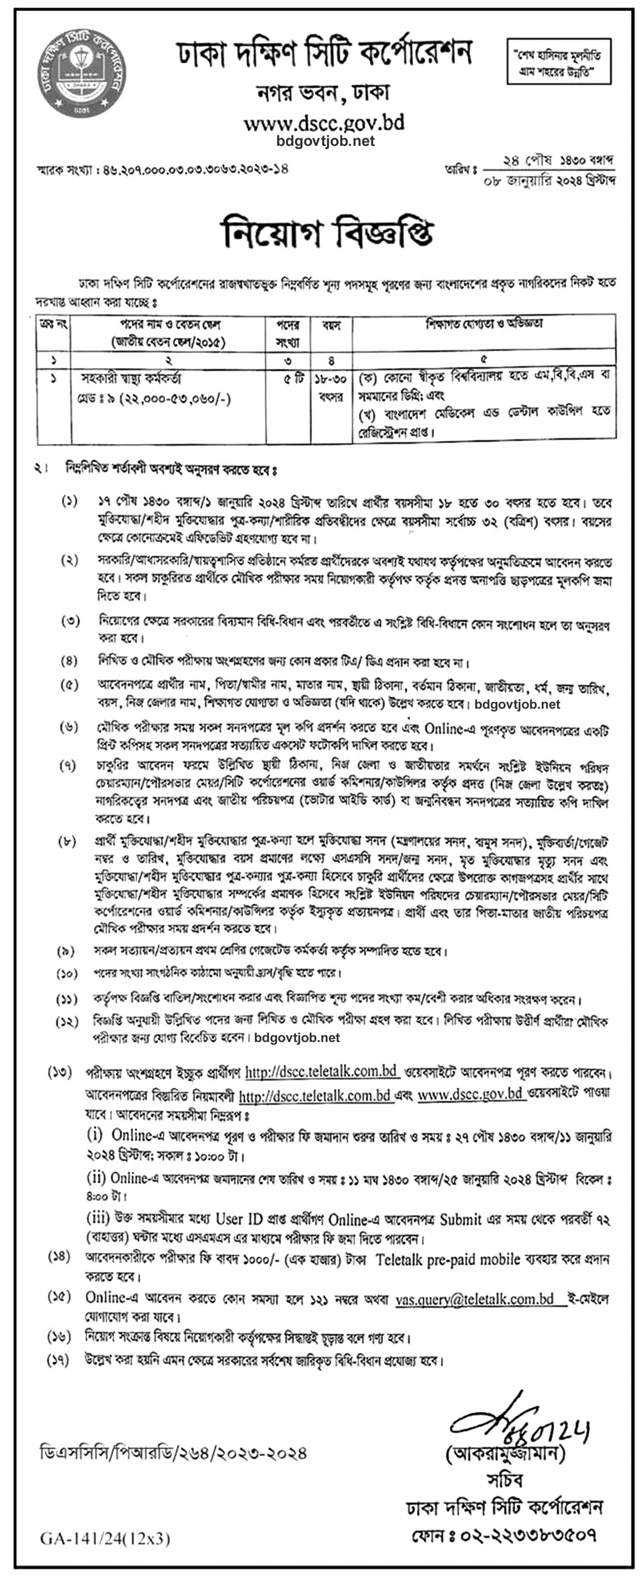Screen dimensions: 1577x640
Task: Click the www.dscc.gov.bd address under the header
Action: pos(324,123)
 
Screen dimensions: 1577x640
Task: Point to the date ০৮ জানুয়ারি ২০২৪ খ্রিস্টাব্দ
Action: pos(549,181)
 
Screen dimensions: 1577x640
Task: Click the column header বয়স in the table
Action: pos(331,325)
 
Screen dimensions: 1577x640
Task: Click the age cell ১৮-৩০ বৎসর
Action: pos(331,388)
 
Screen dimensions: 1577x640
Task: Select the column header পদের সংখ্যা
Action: pos(288,333)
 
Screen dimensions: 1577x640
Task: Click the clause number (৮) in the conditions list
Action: pos(67,842)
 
